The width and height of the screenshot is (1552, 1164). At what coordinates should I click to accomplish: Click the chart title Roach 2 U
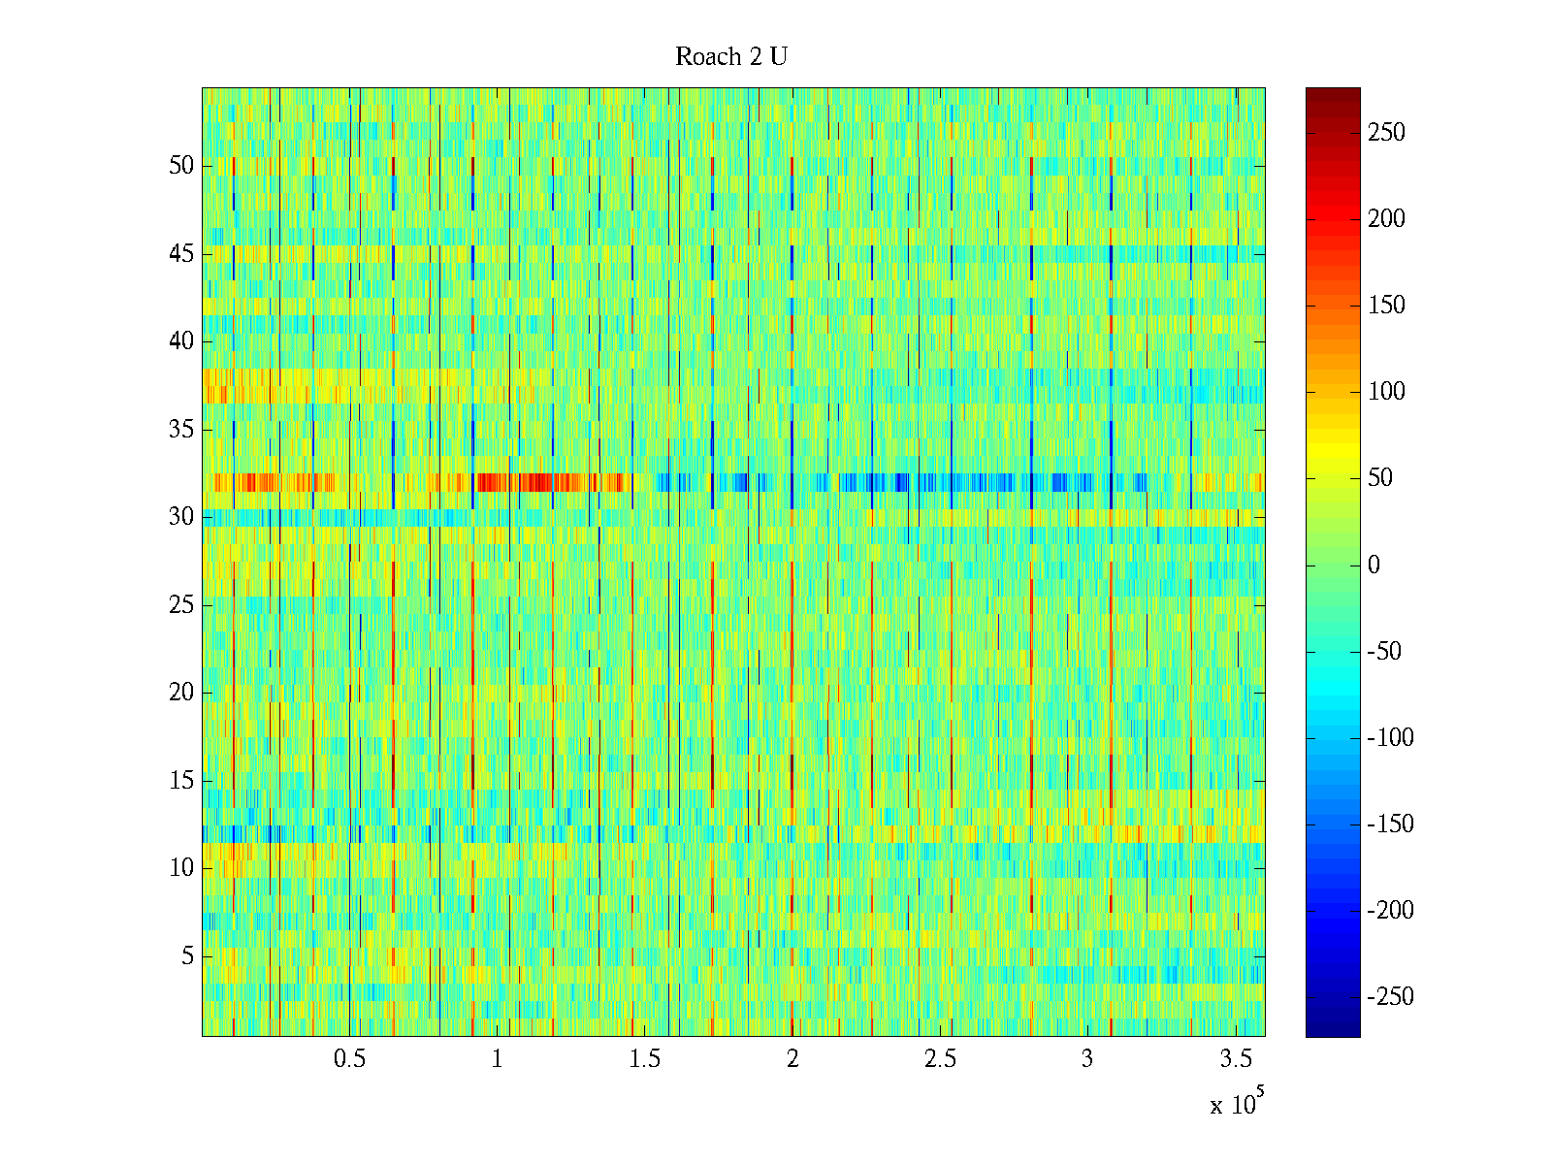731,57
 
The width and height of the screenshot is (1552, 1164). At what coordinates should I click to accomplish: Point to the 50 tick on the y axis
181,166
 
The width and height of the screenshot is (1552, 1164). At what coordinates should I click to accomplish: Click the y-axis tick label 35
181,430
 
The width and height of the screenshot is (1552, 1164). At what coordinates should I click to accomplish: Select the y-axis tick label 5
188,956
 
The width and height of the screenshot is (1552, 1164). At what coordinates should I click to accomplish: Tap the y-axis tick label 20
181,693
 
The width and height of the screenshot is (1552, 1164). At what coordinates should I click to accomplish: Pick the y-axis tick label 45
181,254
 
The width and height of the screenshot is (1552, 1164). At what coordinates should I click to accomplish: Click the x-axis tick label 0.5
349,1059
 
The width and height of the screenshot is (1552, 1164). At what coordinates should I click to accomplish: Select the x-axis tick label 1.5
644,1059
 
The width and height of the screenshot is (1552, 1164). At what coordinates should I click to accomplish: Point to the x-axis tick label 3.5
1235,1059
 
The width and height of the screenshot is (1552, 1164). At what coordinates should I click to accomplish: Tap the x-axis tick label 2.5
940,1059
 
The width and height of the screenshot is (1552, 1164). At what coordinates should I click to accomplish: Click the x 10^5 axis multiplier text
1236,1104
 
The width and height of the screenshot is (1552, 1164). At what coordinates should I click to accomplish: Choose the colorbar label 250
1386,133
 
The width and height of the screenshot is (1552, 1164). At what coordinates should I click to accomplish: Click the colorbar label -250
1390,997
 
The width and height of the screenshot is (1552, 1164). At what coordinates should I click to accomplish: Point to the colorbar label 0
1374,566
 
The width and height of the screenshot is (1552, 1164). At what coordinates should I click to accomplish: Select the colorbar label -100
1390,738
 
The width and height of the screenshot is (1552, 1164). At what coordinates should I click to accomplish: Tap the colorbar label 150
1386,306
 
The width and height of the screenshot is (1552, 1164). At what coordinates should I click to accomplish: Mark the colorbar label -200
1390,911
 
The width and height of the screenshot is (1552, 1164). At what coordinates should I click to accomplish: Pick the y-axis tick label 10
181,868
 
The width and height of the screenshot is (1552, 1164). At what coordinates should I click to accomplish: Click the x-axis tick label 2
792,1059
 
